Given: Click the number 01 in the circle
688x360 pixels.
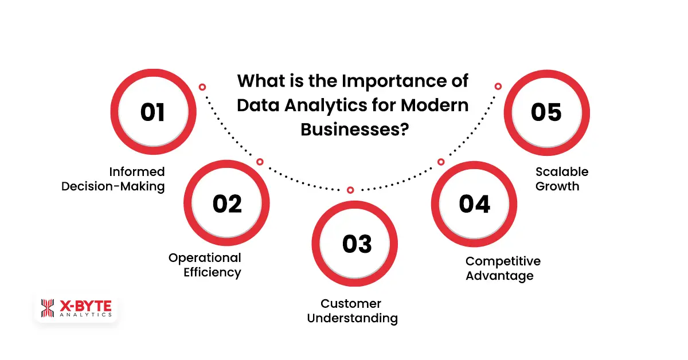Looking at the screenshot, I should [153, 112].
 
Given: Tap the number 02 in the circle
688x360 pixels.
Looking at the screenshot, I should [227, 204].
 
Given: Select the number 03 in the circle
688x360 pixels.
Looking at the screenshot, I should [357, 244].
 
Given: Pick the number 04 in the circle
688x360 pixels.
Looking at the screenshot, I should [475, 204].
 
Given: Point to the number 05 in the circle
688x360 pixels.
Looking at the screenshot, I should [546, 112].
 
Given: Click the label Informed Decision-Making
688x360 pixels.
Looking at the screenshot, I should [113, 179].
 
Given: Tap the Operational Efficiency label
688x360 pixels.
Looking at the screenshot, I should [205, 265].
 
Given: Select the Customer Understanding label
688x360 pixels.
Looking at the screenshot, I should [352, 311].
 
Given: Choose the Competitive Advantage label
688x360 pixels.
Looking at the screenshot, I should [503, 268].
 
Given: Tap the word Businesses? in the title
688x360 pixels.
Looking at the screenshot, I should [354, 129].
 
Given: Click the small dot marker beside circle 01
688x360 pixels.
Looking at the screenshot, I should [202, 87].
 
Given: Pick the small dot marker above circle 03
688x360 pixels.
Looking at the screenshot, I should [350, 190].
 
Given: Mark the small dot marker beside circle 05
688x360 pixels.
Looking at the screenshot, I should [498, 87].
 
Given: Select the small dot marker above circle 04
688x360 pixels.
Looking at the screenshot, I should [441, 162].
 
